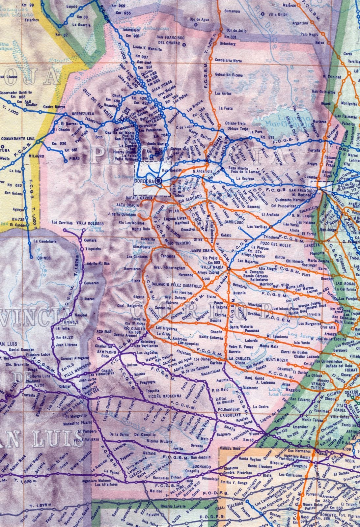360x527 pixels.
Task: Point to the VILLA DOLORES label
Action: pyautogui.click(x=90, y=223)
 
